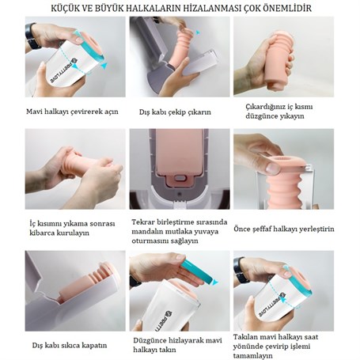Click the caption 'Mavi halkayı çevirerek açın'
[72, 112]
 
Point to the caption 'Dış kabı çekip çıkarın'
[175, 112]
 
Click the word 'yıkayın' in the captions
[290, 116]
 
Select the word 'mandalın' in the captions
[147, 232]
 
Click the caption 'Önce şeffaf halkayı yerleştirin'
[284, 229]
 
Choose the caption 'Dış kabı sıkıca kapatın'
[70, 345]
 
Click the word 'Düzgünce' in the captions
[150, 340]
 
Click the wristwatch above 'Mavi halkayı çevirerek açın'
[32, 36]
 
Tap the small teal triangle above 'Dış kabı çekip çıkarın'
[198, 32]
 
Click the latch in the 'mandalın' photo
[180, 178]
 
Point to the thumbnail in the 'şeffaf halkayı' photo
[272, 168]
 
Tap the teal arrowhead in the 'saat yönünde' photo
[282, 299]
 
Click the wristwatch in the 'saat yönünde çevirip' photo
[241, 271]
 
